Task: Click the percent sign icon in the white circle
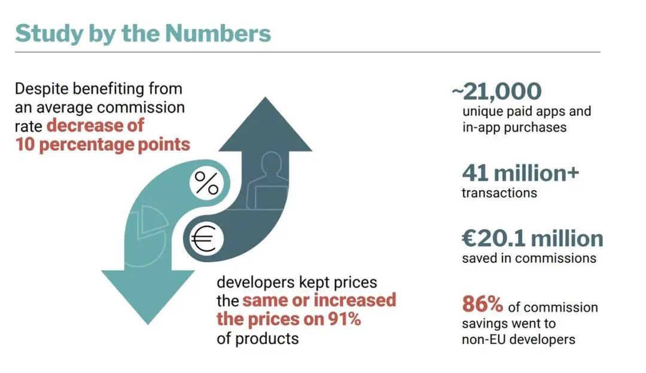pyautogui.click(x=207, y=184)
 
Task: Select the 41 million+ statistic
pyautogui.click(x=520, y=173)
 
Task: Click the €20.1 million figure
pyautogui.click(x=532, y=239)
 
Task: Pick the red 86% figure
pyautogui.click(x=482, y=304)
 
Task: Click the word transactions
pyautogui.click(x=499, y=193)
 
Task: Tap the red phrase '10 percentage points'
pyautogui.click(x=103, y=144)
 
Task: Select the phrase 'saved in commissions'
pyautogui.click(x=529, y=258)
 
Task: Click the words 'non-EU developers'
pyautogui.click(x=518, y=340)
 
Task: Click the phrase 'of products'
pyautogui.click(x=257, y=338)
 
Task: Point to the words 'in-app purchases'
pyautogui.click(x=514, y=127)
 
